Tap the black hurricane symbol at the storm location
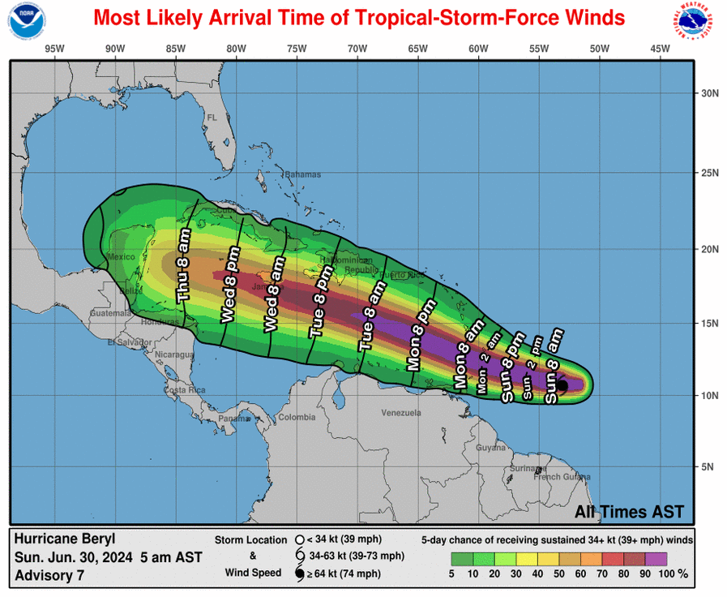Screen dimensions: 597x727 click(562, 387)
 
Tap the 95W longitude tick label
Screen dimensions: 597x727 click(54, 49)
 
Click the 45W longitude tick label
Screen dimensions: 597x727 click(660, 49)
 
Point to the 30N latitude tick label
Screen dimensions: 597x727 click(710, 93)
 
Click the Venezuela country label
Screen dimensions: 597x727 click(401, 413)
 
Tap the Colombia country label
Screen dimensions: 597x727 click(297, 418)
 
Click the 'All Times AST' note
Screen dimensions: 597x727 click(629, 512)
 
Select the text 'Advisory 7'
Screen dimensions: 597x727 click(49, 575)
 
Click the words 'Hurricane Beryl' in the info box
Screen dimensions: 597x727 click(65, 539)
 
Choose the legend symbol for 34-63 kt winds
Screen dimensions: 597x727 click(299, 556)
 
